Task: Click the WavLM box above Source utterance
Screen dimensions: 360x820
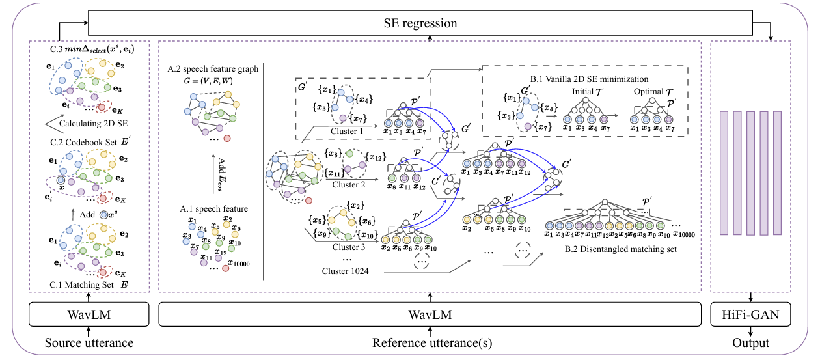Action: point(90,316)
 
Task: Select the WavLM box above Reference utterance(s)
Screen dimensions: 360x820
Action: point(430,316)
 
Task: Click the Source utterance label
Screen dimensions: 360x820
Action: point(90,343)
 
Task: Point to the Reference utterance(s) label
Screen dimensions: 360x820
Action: point(430,343)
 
